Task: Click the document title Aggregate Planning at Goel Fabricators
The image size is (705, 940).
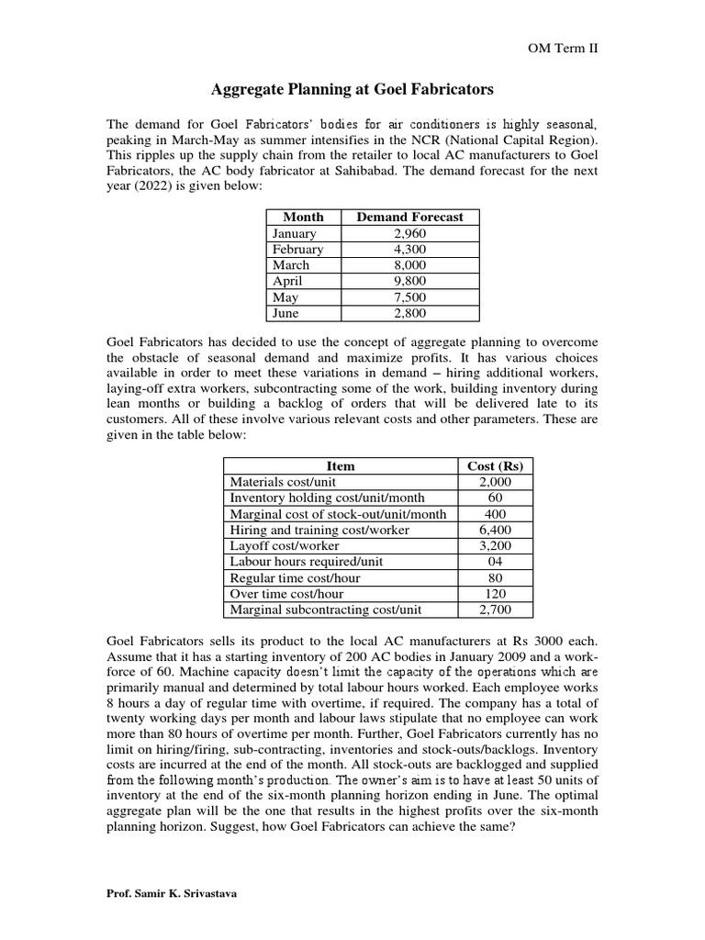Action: [x=352, y=89]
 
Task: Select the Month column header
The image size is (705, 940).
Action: [x=303, y=218]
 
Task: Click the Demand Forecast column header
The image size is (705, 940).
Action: [x=409, y=218]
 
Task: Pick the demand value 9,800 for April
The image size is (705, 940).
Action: [x=409, y=282]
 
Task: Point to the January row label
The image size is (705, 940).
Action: [x=295, y=233]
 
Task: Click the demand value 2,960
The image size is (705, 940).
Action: [x=409, y=233]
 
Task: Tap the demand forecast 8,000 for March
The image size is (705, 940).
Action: [x=409, y=265]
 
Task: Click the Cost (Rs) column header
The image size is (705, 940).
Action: [x=496, y=466]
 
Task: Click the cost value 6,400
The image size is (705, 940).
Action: [x=496, y=530]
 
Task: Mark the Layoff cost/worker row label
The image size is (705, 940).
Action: [x=285, y=546]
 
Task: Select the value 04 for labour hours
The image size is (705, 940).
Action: [x=496, y=562]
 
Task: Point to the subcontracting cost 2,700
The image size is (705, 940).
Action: [x=496, y=610]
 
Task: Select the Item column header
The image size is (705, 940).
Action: [x=340, y=466]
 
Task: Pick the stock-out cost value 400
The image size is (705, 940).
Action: [x=496, y=514]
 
